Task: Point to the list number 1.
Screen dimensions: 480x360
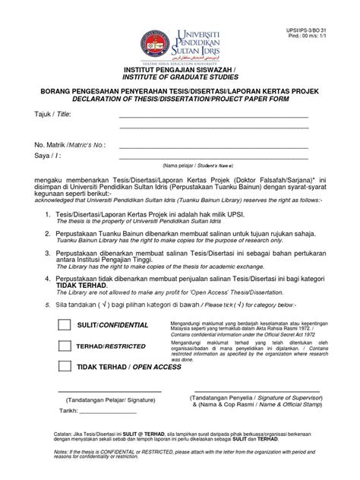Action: [x=47, y=215]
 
